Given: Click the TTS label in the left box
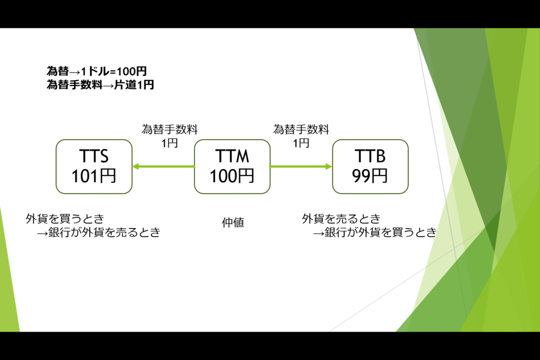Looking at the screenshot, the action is click(94, 156).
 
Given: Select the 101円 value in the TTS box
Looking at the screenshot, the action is click(94, 176).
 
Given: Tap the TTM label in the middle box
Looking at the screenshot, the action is click(232, 156).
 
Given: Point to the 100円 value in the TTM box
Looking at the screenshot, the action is click(232, 176).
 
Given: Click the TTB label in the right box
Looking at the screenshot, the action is click(370, 156).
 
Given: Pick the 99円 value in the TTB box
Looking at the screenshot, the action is click(370, 176).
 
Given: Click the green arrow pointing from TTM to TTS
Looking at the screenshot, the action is click(163, 167).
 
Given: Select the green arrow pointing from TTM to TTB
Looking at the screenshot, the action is click(301, 167).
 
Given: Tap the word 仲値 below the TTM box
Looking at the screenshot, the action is click(233, 222).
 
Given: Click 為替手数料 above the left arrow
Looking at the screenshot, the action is click(170, 130).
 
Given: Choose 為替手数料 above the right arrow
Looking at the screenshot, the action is click(301, 130).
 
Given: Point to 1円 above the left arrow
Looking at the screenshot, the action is click(170, 143).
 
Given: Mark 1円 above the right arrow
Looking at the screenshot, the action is click(301, 143).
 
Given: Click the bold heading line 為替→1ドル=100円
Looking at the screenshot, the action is click(97, 71).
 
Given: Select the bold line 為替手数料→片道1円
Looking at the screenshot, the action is click(100, 85).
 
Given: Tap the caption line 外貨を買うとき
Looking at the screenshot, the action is click(65, 219).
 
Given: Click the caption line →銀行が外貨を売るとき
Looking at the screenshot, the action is click(99, 232).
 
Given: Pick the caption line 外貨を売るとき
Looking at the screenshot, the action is click(341, 219).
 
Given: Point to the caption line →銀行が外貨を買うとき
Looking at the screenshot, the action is click(375, 232).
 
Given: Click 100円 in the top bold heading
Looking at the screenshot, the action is click(132, 71).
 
